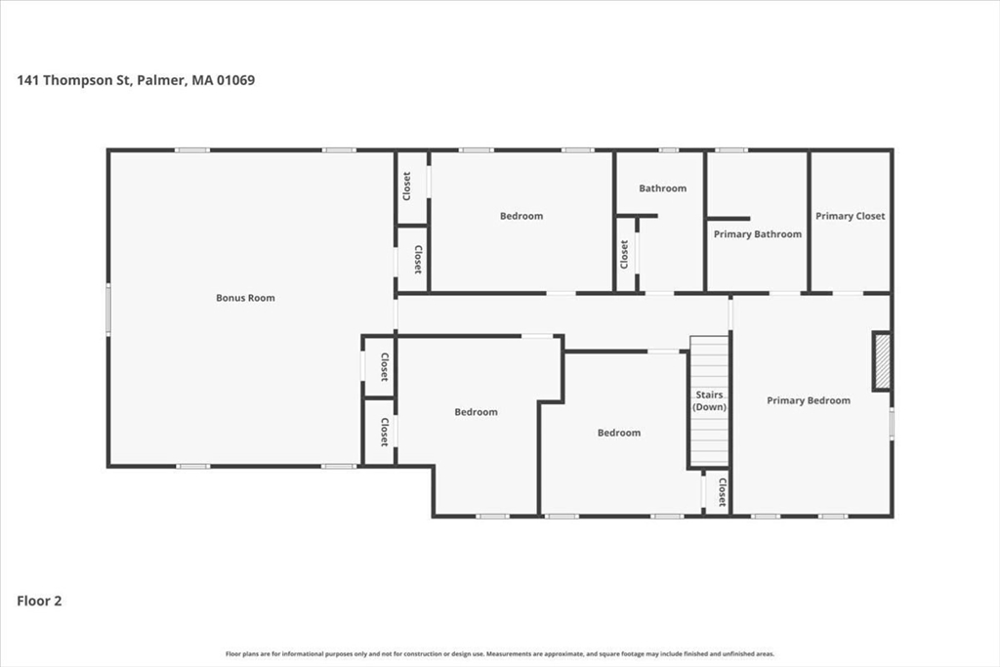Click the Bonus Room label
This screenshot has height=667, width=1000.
245,298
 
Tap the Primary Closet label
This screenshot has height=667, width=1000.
851,216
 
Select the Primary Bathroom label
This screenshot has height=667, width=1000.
758,234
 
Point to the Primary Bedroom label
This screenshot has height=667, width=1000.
809,400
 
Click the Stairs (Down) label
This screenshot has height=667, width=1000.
709,401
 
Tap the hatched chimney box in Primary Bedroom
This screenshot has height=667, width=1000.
882,361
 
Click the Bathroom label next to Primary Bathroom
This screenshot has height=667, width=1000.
663,188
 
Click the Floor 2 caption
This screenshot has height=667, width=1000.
39,601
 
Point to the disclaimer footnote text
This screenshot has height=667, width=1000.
500,653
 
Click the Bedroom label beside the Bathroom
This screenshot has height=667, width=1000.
521,216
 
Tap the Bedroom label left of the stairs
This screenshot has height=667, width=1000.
619,433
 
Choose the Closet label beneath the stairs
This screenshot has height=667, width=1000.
722,491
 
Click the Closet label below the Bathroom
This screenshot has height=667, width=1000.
624,255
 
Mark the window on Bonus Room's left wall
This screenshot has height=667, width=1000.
108,310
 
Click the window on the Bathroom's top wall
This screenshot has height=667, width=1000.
668,150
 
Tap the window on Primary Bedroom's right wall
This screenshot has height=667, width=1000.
892,424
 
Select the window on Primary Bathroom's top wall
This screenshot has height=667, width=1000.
730,150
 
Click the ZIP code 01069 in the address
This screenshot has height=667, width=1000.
236,80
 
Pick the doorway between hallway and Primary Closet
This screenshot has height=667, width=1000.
849,293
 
